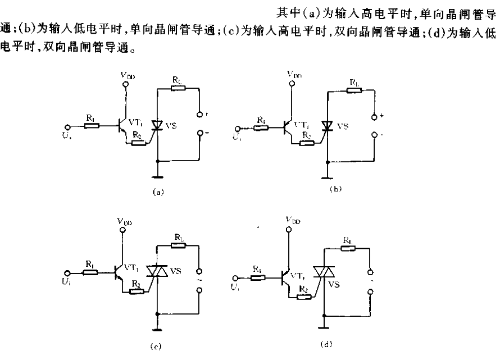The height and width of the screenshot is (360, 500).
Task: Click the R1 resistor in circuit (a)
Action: [x=92, y=125]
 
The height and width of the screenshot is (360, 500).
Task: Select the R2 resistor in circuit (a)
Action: [x=138, y=143]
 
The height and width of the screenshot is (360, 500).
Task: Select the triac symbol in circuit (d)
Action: [x=323, y=272]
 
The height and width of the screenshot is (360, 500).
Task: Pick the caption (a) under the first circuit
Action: [x=158, y=191]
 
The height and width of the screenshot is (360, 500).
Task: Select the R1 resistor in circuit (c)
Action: [x=90, y=272]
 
